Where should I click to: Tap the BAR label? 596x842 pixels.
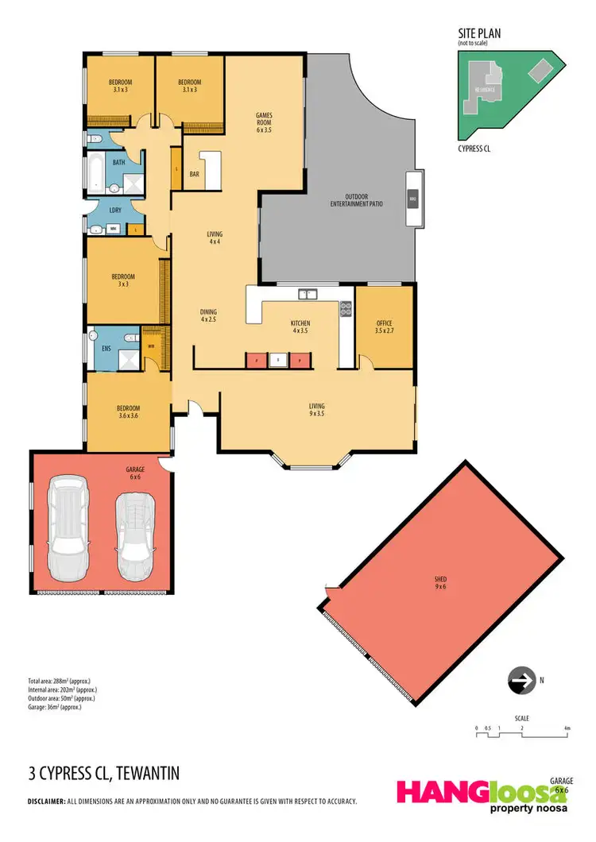194,174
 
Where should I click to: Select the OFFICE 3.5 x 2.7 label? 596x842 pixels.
384,326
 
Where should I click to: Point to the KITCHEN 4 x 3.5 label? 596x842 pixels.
300,326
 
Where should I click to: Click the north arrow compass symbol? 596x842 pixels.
521,681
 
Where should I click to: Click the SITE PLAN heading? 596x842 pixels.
478,33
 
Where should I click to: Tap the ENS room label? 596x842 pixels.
105,347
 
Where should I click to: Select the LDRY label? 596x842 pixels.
114,210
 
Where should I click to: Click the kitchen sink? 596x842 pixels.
308,295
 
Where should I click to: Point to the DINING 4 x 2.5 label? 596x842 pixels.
208,316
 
